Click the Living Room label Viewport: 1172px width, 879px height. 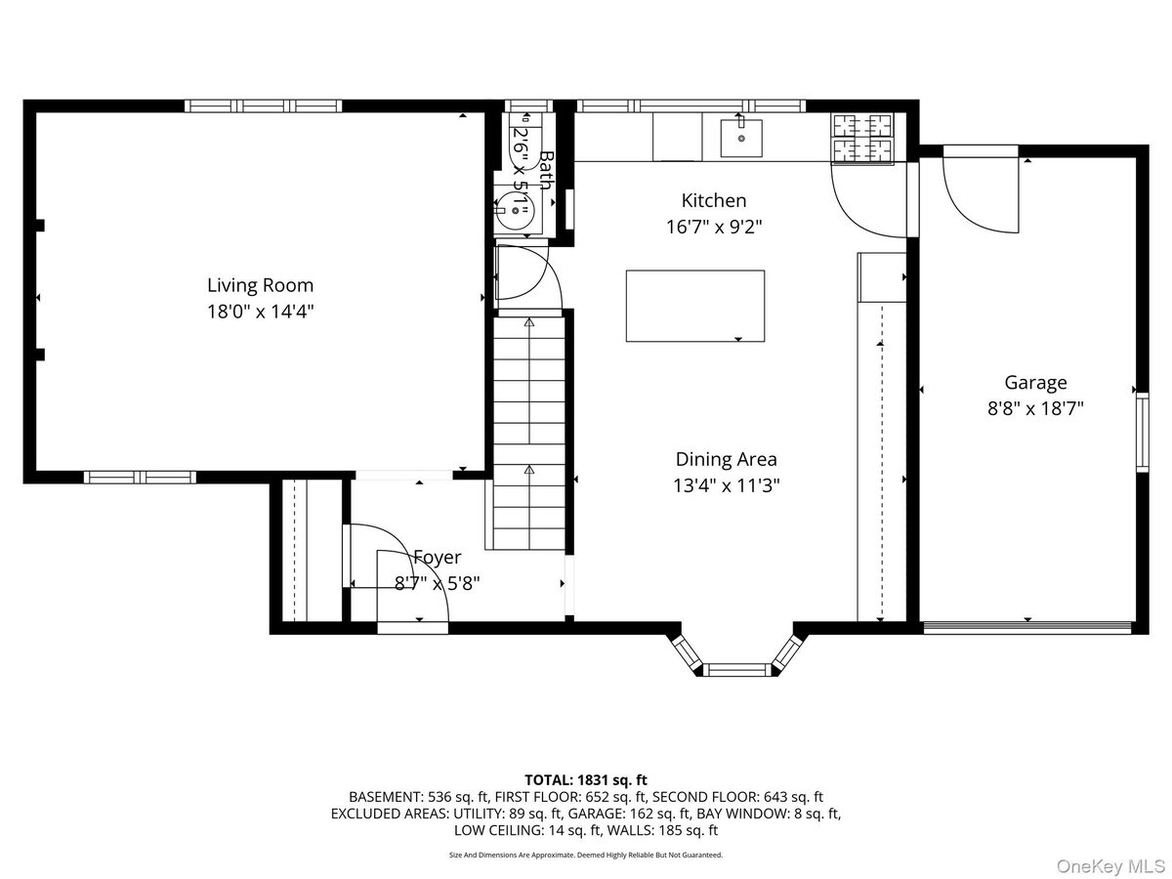coord(260,285)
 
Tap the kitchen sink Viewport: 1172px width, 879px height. coord(741,139)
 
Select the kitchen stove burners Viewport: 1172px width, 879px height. coord(861,139)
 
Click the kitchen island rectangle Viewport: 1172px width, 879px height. coord(695,306)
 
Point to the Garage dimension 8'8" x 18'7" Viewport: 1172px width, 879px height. coord(1035,409)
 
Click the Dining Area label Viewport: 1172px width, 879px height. coord(727,459)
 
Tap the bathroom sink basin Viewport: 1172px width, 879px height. coord(514,211)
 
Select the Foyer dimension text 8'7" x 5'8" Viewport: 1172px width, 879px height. coord(438,583)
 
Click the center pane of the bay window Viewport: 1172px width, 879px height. coord(737,669)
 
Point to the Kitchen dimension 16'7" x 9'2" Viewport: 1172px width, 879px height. coord(714,227)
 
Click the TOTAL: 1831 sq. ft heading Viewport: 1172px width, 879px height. coord(586,780)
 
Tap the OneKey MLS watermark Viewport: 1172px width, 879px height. coord(1111,865)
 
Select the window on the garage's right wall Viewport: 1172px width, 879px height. coord(1142,433)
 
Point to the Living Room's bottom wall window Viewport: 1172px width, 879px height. coord(140,478)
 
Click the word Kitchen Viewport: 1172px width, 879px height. coord(714,200)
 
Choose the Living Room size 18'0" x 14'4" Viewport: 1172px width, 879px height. coord(260,312)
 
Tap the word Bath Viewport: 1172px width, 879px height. coord(546,170)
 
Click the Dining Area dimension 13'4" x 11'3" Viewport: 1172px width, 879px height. coord(727,485)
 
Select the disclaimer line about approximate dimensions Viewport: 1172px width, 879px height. coord(586,855)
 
